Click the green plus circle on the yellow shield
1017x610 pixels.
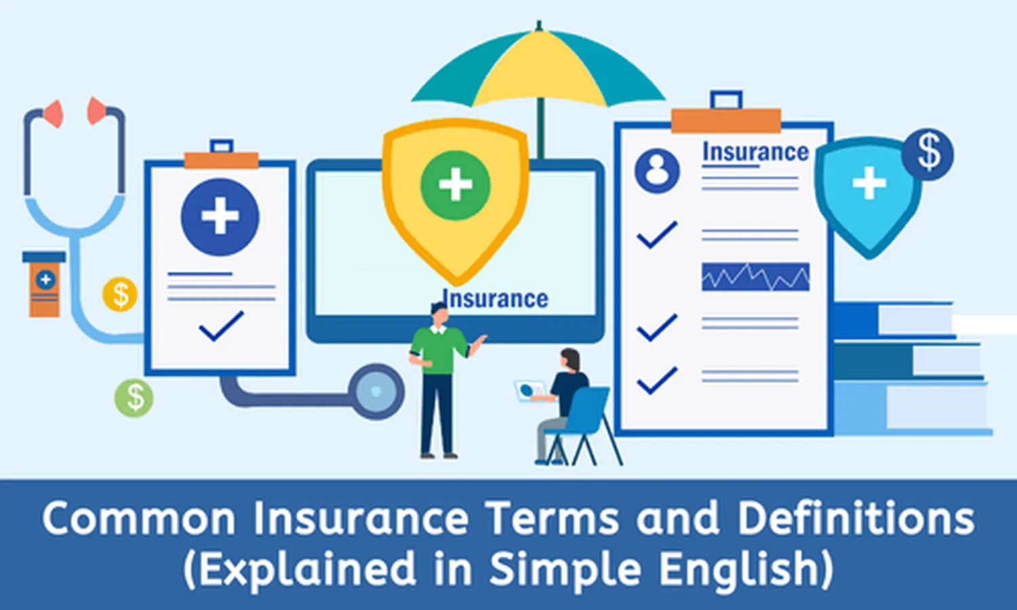455,185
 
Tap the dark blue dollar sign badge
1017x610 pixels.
928,154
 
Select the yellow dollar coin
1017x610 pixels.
120,295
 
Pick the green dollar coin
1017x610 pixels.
134,397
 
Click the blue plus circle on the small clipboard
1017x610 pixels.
220,217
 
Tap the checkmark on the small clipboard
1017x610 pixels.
221,326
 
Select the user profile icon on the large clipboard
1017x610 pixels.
656,170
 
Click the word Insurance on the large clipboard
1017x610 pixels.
755,152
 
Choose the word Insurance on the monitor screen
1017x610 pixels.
496,299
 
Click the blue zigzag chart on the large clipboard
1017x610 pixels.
755,277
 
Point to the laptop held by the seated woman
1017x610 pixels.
530,391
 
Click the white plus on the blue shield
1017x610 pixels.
869,184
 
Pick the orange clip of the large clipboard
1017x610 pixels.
726,121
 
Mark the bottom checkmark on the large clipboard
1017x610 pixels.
656,380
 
